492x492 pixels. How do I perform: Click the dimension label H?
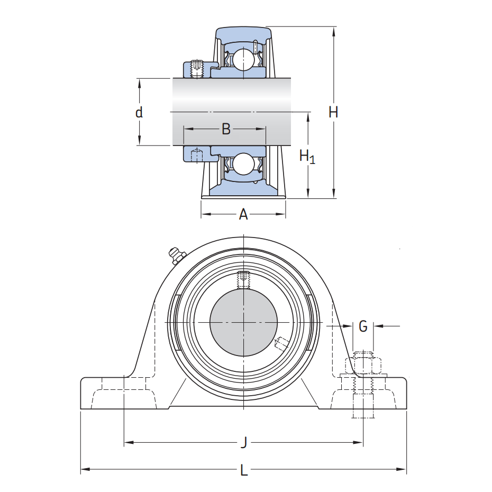tap(333, 112)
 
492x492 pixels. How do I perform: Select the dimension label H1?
tap(307, 156)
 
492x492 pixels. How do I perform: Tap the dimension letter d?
tap(139, 112)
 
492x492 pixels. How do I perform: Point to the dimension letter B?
tap(226, 129)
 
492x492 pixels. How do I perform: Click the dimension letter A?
tap(243, 214)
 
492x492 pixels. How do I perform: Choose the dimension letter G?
tap(363, 326)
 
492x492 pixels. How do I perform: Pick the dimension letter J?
tap(244, 442)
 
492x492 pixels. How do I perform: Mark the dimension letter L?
tap(244, 470)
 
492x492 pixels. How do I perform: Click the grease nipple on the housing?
tap(175, 255)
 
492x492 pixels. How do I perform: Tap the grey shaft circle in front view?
tap(244, 322)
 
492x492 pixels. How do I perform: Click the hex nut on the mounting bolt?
tap(363, 365)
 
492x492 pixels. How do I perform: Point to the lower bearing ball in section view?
tap(244, 164)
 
